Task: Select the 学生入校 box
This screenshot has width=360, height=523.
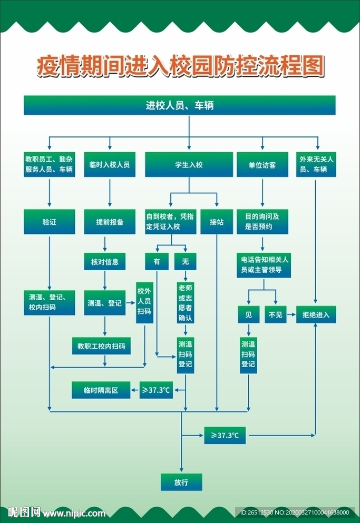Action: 189,165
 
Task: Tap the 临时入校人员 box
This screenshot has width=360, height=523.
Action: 110,165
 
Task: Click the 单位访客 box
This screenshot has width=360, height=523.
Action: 262,165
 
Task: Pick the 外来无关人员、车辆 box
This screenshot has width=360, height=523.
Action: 316,165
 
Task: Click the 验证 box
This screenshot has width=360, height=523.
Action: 49,222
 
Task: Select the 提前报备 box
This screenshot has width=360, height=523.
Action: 110,222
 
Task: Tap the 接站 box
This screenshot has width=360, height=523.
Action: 217,222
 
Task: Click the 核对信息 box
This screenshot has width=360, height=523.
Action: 104,261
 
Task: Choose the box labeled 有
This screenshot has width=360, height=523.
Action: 157,261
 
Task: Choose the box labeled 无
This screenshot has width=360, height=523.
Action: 185,261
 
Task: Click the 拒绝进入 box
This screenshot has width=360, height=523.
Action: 316,314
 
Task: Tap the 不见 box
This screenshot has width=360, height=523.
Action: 276,314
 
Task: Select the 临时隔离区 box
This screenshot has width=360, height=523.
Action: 101,390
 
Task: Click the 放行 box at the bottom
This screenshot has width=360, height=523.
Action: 181,482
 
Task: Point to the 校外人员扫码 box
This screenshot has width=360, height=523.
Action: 144,301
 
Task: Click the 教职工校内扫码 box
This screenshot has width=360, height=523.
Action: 101,346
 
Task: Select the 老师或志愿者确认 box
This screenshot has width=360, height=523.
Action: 185,302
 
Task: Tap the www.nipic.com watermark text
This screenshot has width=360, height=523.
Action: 74,512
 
